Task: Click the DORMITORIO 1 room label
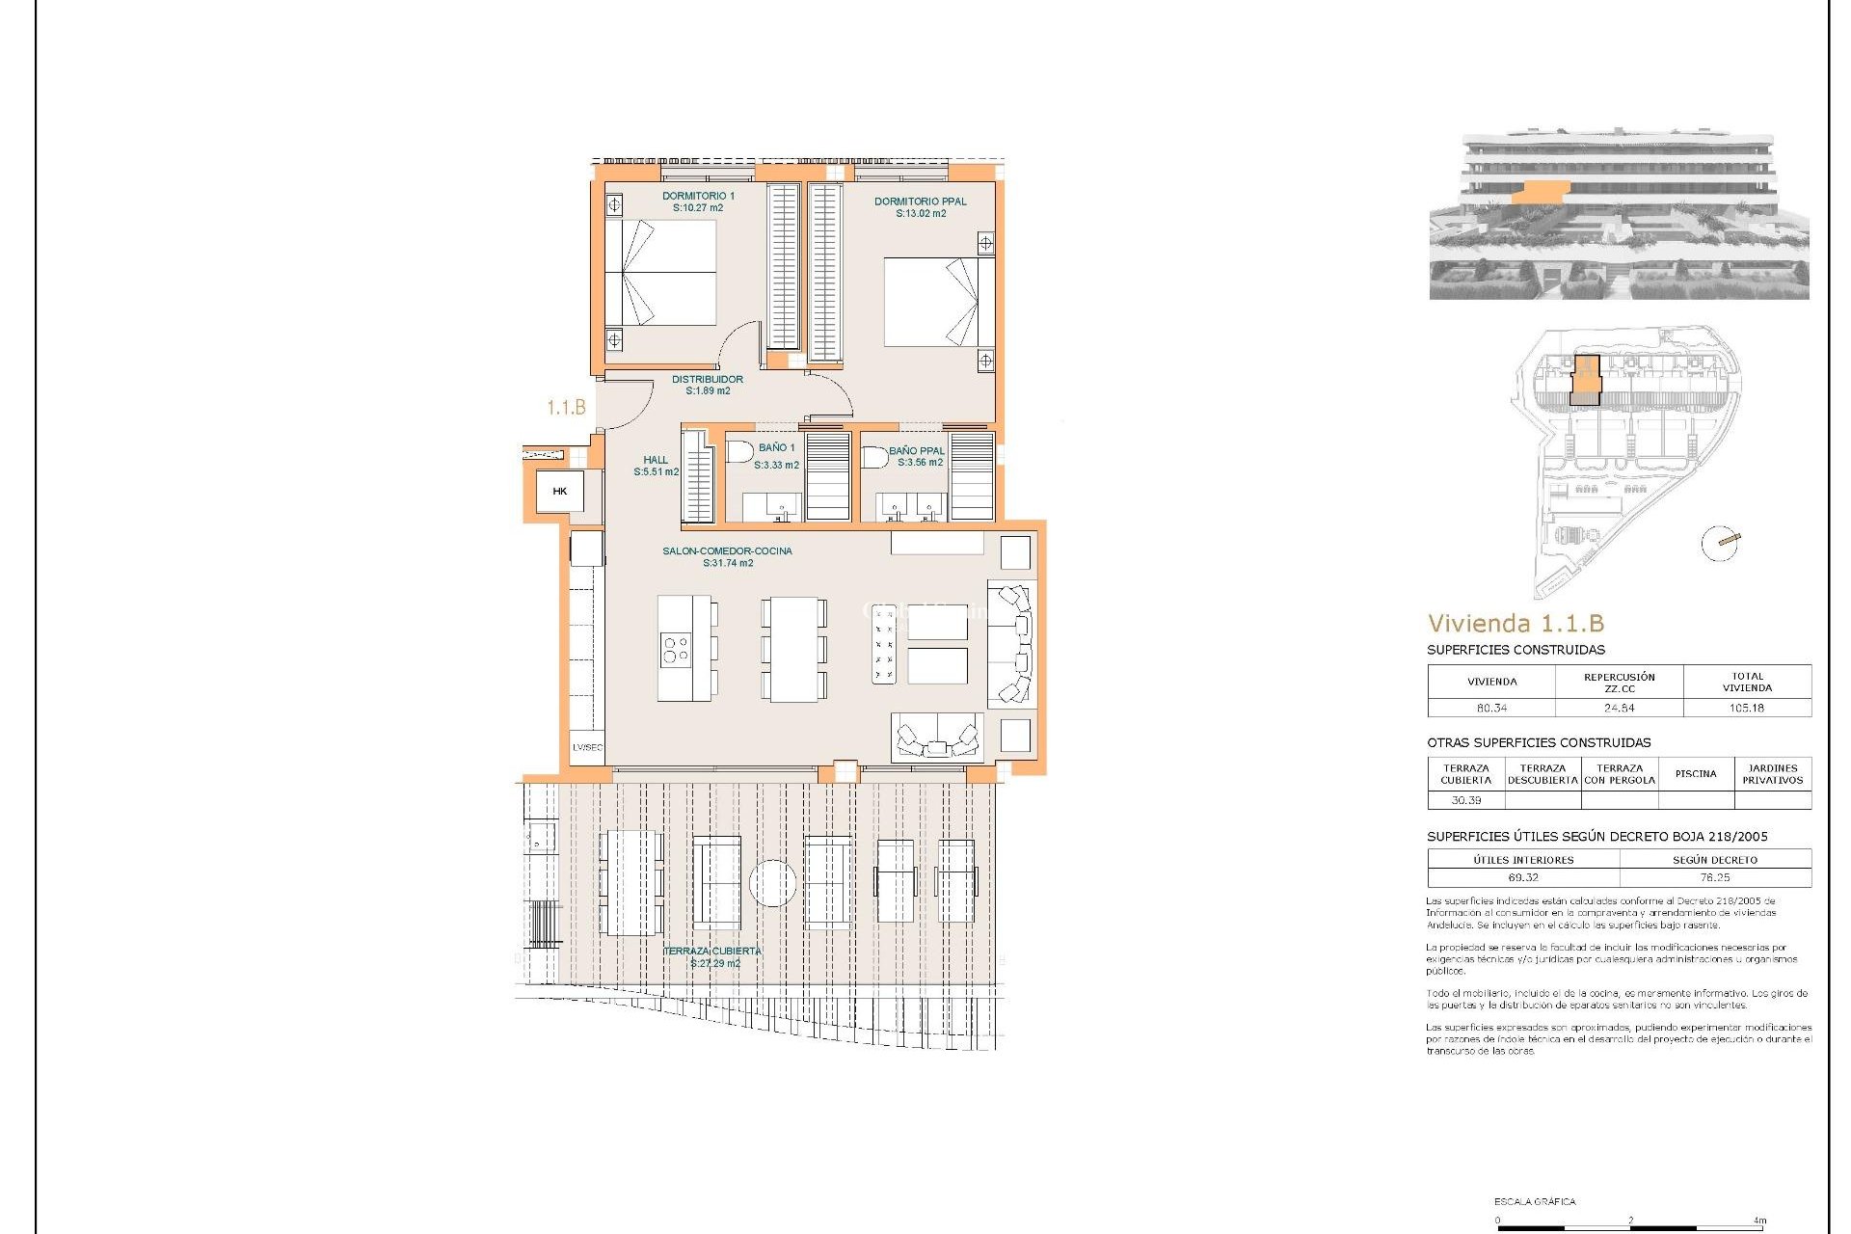(x=698, y=196)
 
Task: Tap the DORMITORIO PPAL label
(x=920, y=201)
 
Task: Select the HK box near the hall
(x=560, y=492)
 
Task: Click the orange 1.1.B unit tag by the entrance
(x=566, y=408)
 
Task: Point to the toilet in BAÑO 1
(x=740, y=452)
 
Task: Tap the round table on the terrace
(x=772, y=883)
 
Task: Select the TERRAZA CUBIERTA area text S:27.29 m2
(x=715, y=963)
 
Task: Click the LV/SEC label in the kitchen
(x=587, y=747)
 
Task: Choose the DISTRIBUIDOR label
(x=707, y=379)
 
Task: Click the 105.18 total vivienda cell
(x=1746, y=708)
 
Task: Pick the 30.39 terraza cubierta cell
(x=1465, y=800)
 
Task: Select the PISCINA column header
(x=1695, y=773)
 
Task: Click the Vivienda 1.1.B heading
(x=1516, y=624)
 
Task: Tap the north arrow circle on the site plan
(x=1720, y=544)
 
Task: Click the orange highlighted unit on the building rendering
(x=1540, y=194)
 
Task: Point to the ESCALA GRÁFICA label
(x=1535, y=1201)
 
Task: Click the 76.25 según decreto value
(x=1714, y=877)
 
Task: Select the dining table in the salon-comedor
(x=793, y=649)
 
